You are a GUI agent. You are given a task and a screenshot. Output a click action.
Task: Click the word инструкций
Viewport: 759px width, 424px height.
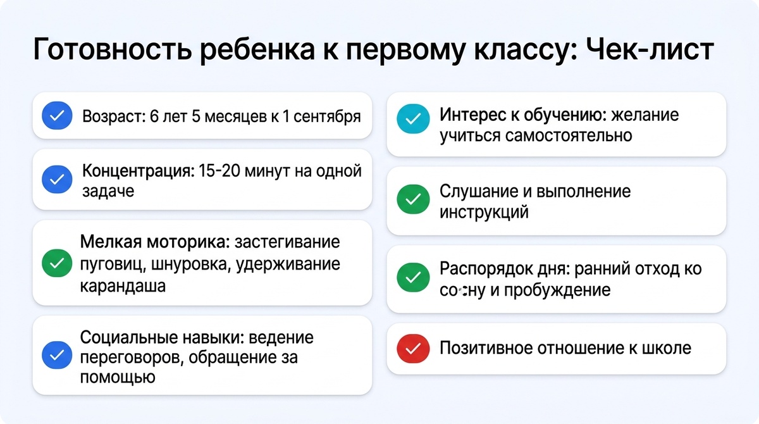484,212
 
